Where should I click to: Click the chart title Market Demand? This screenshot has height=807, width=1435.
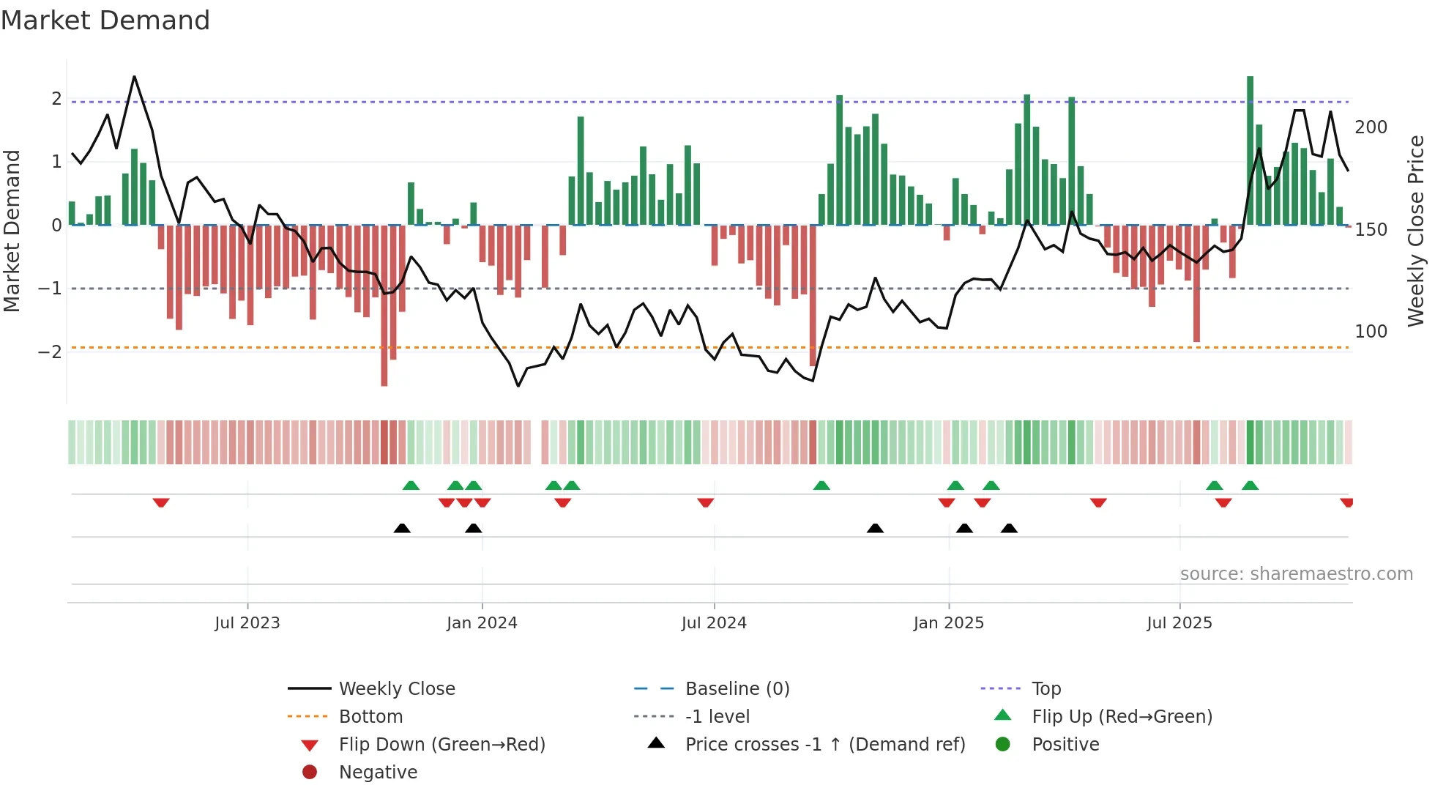pos(105,21)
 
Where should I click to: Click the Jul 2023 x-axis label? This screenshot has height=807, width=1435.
pos(247,623)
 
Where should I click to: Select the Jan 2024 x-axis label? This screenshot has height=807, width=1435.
pos(482,623)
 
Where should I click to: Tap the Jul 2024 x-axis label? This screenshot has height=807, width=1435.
pos(714,623)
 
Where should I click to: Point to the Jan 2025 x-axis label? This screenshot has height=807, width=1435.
pos(948,623)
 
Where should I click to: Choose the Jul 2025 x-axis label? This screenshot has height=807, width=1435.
pos(1179,623)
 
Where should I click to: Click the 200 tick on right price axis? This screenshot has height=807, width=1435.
pos(1371,127)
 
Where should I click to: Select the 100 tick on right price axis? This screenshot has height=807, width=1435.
pos(1371,332)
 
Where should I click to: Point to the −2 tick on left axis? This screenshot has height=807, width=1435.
pos(50,352)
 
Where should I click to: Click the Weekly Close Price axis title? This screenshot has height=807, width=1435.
pos(1416,231)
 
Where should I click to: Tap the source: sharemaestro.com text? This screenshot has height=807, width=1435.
pos(1296,574)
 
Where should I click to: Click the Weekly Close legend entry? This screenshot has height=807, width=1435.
pos(396,689)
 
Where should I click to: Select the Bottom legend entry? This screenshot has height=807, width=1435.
pos(370,717)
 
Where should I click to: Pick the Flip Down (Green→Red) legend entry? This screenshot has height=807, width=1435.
pos(441,745)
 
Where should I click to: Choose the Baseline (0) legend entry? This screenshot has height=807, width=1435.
pos(737,689)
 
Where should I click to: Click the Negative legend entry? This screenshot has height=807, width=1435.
pos(378,773)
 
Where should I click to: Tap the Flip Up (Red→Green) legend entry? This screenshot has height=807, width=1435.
pos(1122,717)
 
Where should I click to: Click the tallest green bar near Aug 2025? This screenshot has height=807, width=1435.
pos(1250,150)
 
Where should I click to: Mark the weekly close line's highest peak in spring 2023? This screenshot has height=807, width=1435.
pos(134,77)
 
